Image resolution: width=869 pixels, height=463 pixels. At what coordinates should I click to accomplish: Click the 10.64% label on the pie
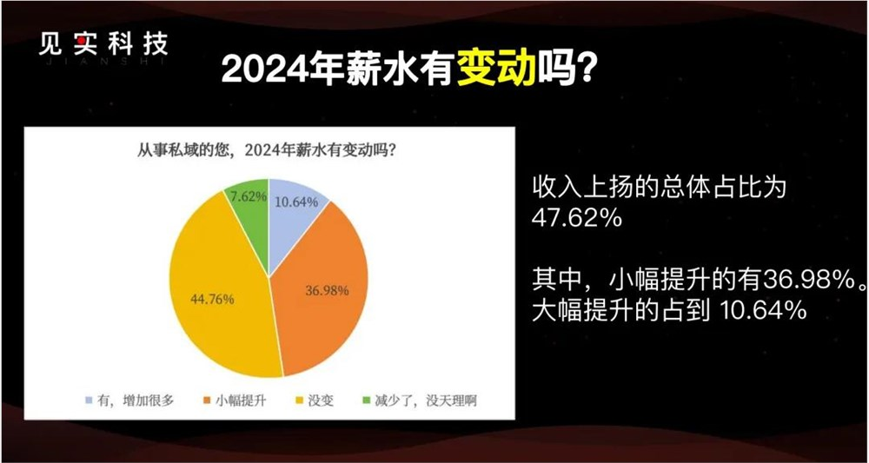(x=295, y=202)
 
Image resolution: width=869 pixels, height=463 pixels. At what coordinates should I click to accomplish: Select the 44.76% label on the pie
(x=210, y=301)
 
